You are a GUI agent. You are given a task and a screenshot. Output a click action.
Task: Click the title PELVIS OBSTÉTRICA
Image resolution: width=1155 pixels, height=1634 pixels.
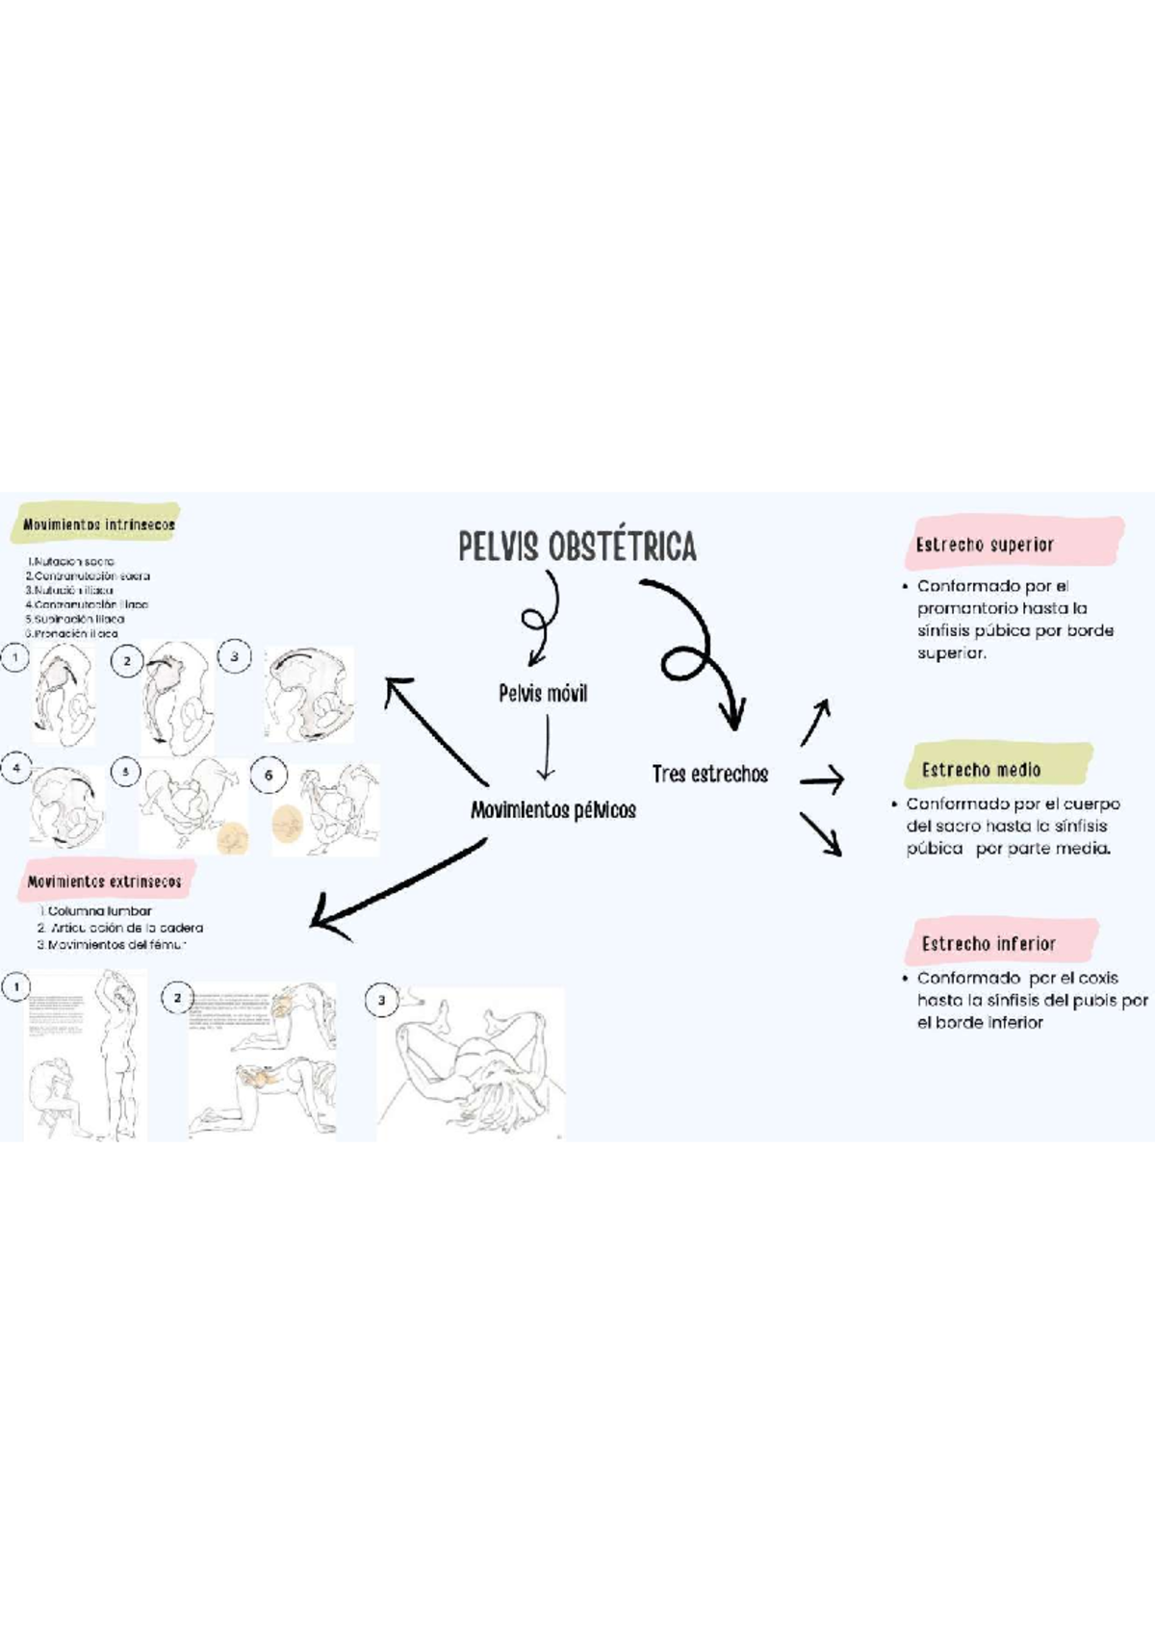(x=577, y=547)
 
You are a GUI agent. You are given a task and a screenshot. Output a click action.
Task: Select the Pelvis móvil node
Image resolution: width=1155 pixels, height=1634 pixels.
(x=543, y=693)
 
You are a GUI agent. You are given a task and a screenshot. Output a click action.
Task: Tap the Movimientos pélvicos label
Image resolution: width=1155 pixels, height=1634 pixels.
(x=552, y=810)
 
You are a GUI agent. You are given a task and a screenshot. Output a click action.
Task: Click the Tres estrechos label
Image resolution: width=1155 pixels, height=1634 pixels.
(x=709, y=774)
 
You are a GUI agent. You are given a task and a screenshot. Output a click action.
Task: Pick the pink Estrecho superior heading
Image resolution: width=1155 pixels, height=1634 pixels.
(x=985, y=545)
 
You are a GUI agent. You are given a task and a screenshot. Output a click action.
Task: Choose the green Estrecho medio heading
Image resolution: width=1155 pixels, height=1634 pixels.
(x=981, y=770)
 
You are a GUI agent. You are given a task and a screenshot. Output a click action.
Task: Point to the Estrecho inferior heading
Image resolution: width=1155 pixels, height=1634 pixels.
(x=988, y=944)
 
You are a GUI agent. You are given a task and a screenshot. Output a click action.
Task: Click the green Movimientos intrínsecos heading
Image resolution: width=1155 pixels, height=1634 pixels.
(x=98, y=524)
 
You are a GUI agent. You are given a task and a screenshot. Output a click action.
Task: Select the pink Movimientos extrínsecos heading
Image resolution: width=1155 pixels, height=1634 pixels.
(x=104, y=881)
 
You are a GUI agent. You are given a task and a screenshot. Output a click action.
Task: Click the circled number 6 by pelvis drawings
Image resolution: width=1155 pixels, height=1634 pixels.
(x=269, y=775)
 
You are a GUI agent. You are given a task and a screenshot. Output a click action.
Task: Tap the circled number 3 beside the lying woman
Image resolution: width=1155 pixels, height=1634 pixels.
(x=381, y=1000)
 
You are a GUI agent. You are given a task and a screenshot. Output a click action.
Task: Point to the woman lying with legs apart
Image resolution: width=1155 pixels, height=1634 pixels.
(x=472, y=1059)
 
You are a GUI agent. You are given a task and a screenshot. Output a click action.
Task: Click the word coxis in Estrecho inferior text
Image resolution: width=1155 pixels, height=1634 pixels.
(x=1097, y=978)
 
